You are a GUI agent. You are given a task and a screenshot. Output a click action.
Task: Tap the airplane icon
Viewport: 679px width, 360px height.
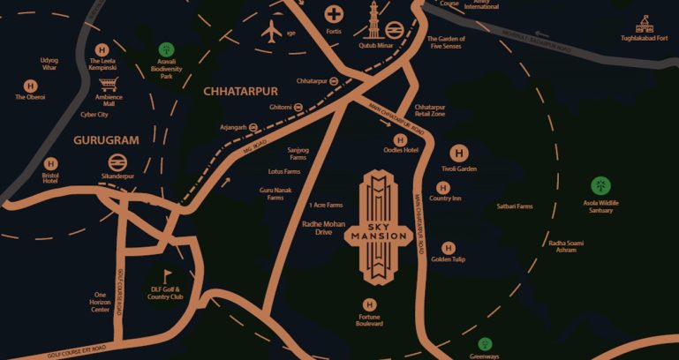pyautogui.click(x=272, y=30)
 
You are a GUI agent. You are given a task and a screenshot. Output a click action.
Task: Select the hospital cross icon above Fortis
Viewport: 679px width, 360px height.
pyautogui.click(x=334, y=14)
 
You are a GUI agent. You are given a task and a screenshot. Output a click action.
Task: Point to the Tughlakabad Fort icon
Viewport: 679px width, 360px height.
pyautogui.click(x=645, y=24)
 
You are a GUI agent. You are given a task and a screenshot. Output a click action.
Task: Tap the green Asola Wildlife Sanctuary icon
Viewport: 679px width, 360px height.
pyautogui.click(x=600, y=186)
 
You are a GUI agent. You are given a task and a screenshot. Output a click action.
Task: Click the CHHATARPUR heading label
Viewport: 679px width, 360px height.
pyautogui.click(x=240, y=91)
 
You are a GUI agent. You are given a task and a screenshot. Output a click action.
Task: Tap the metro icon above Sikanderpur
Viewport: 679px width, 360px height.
pyautogui.click(x=117, y=162)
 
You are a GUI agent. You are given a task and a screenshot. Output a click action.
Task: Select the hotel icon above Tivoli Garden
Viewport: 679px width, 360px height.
pyautogui.click(x=458, y=154)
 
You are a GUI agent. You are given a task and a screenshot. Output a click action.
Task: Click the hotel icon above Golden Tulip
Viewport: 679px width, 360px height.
pyautogui.click(x=448, y=248)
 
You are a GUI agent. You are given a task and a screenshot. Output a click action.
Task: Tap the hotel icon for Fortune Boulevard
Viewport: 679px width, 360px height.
pyautogui.click(x=370, y=304)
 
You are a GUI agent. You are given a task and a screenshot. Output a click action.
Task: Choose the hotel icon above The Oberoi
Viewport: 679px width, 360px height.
pyautogui.click(x=31, y=86)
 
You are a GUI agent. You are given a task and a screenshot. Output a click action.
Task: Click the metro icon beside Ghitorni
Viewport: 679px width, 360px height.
pyautogui.click(x=299, y=107)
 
